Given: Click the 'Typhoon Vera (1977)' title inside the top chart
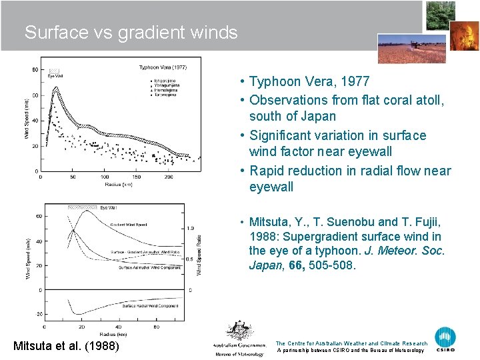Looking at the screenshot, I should click(x=163, y=67).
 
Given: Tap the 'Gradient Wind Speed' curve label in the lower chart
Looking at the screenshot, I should click(x=128, y=225).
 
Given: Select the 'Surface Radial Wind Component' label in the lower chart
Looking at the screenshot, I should click(x=150, y=306).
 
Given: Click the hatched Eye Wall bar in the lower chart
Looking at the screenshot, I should click(x=82, y=207).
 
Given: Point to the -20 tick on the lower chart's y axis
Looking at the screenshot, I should click(x=39, y=314).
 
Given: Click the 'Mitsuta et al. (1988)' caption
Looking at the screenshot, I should click(x=66, y=346).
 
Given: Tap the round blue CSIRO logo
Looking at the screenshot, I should click(x=445, y=339).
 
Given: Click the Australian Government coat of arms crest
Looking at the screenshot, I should click(x=239, y=331).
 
